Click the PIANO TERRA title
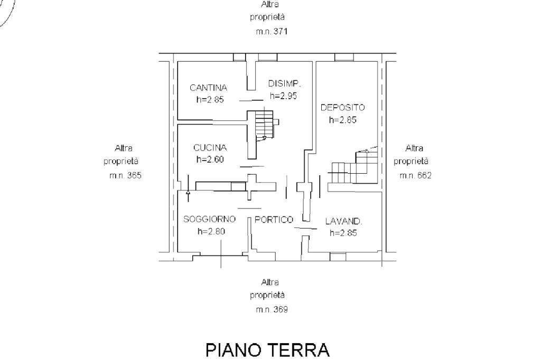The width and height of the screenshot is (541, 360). point(267,349)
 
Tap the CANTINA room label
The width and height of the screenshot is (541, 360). point(209,88)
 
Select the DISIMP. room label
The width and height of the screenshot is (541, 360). point(285,83)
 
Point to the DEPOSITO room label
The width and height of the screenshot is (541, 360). point(343,107)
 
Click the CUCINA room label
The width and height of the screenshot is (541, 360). point(210,148)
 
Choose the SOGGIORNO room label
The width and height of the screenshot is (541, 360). point(210,219)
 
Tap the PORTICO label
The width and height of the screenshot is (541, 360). point(274,220)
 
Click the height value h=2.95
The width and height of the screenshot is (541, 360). point(284,96)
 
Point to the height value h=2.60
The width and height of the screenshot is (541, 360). point(210,159)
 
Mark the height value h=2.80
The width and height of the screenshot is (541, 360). point(211,231)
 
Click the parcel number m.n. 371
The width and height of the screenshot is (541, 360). point(272,32)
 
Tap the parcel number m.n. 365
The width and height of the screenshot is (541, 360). point(125,176)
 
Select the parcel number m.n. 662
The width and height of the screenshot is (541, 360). point(415,176)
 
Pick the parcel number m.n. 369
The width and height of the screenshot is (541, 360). point(272,310)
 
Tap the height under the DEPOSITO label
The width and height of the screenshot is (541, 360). point(343,120)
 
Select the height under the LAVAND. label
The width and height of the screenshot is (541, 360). point(343,233)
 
